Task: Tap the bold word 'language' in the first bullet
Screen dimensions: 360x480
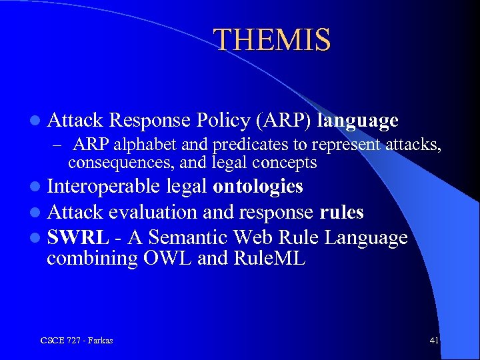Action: (358, 120)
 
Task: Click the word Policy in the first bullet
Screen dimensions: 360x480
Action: (223, 120)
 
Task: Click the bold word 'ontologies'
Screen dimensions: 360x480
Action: (258, 187)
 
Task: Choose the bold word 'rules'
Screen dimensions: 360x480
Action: (341, 212)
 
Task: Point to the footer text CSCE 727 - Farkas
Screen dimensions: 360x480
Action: (76, 341)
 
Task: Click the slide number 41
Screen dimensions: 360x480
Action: (434, 341)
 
